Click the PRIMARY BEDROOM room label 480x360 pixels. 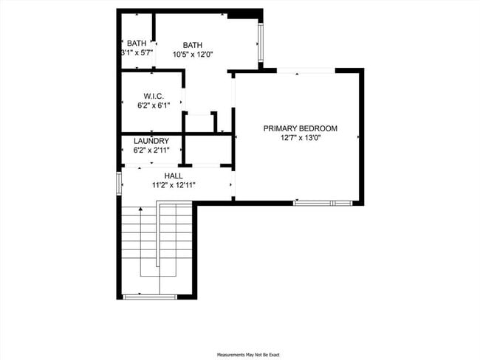300,128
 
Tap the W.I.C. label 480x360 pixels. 152,96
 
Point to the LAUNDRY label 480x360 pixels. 151,141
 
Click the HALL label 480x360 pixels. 174,176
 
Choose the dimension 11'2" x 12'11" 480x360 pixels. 174,185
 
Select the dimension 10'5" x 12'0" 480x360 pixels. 193,54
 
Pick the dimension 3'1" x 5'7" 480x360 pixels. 137,53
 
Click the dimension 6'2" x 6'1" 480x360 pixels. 152,106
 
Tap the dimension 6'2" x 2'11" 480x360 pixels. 151,150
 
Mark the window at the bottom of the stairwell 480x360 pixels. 149,297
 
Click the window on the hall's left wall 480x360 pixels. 119,183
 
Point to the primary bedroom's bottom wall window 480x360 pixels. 323,202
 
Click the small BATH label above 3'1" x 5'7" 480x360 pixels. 137,44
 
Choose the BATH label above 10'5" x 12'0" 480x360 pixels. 193,44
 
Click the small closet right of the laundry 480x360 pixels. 207,149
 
